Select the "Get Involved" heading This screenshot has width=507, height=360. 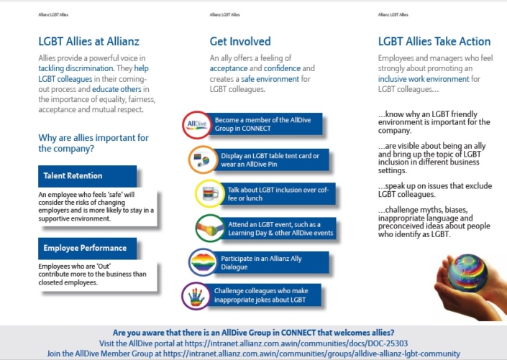pyautogui.click(x=240, y=41)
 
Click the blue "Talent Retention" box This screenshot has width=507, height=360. pyautogui.click(x=86, y=176)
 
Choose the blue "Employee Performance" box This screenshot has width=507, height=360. pyautogui.click(x=86, y=249)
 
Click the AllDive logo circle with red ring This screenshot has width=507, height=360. pyautogui.click(x=196, y=124)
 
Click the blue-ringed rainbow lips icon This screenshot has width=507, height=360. pyautogui.click(x=201, y=262)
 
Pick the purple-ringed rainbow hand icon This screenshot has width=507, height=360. pyautogui.click(x=196, y=297)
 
